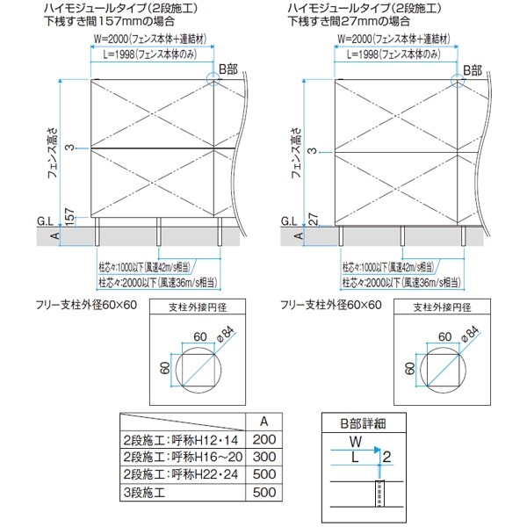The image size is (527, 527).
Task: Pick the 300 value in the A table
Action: pos(264,458)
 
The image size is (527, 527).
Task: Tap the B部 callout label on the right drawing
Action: pos(473,69)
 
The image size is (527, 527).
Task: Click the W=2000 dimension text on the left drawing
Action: pos(146,40)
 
